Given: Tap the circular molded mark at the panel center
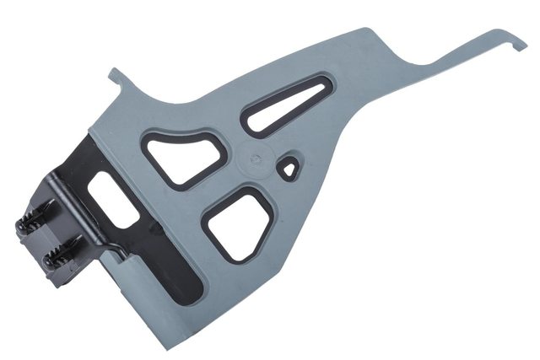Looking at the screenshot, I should [255, 157].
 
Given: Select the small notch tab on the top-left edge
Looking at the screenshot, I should [115, 77].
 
